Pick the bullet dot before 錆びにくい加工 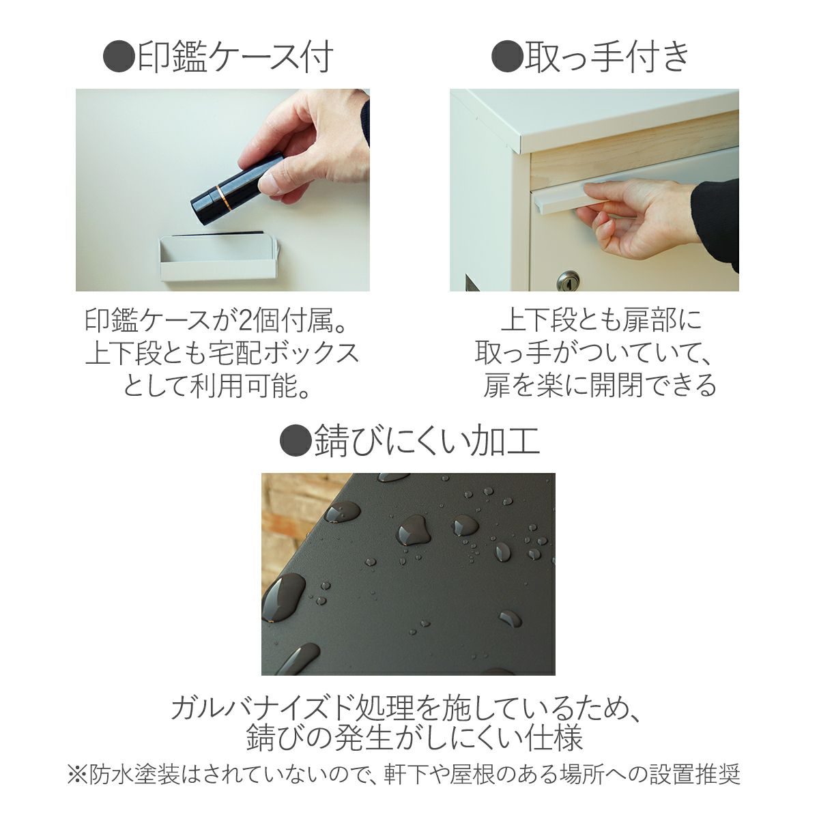[x=296, y=442]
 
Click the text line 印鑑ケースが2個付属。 [x=221, y=320]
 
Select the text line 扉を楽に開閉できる [x=600, y=386]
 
